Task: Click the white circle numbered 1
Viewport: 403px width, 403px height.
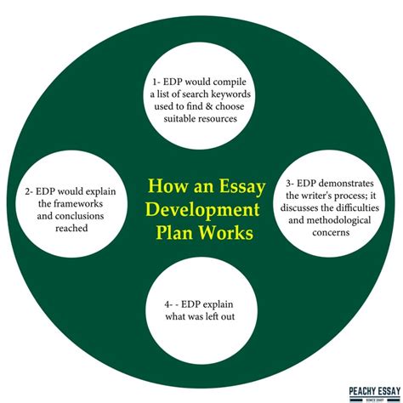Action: point(201,94)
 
